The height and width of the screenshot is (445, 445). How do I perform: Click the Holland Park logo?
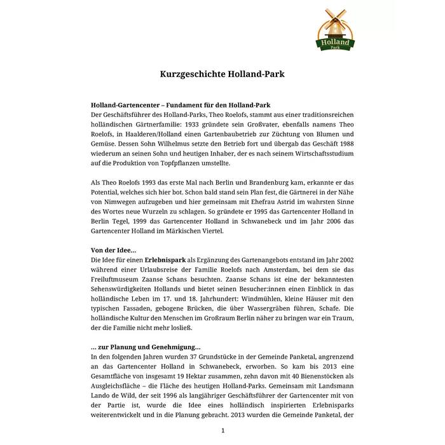(334, 30)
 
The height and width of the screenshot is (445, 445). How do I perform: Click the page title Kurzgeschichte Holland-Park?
(222, 74)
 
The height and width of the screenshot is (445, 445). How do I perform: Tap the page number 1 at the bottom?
(222, 430)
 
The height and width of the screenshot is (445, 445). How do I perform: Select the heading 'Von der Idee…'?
(113, 250)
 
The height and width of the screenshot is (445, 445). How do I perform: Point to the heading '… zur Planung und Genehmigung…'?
(146, 346)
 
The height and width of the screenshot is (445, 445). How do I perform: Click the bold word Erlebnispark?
(165, 259)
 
